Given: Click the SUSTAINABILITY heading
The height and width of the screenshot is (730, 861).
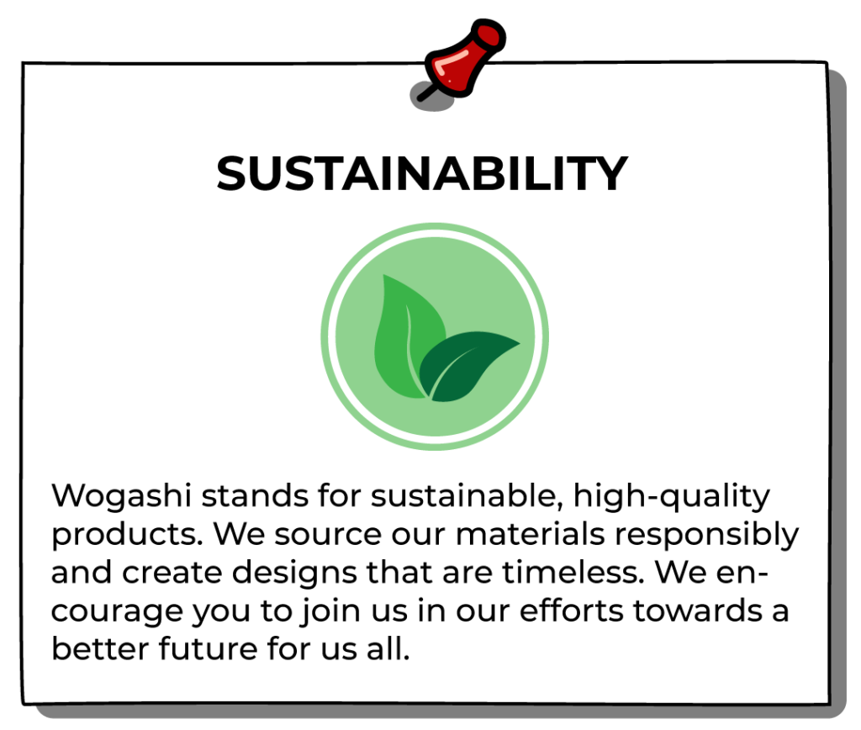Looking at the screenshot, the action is (422, 173).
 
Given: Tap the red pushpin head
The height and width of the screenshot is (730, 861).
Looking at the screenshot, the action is (464, 58).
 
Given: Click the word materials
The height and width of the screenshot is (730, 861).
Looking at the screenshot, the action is (531, 534).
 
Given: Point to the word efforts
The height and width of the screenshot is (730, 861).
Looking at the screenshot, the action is (572, 611).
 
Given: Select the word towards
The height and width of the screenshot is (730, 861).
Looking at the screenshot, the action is (698, 611).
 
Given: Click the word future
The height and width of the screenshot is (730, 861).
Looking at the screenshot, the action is (209, 648).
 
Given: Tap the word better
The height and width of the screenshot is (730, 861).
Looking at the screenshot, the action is (101, 648).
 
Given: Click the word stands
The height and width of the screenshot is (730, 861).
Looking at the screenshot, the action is (255, 496).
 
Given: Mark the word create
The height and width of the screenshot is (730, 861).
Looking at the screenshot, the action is (172, 573).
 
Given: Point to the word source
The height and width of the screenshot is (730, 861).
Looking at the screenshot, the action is (328, 535).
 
